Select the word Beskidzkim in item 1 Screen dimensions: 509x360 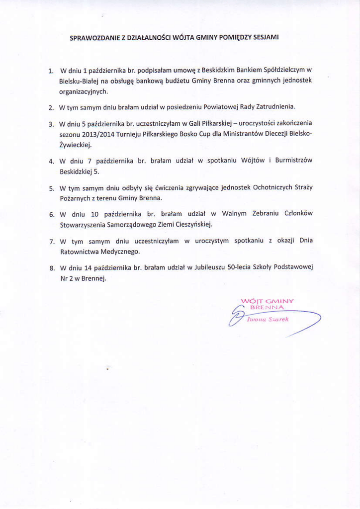pos(218,70)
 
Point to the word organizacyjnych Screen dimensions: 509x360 pos(83,92)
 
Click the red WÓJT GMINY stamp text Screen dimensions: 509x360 pos(267,301)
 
